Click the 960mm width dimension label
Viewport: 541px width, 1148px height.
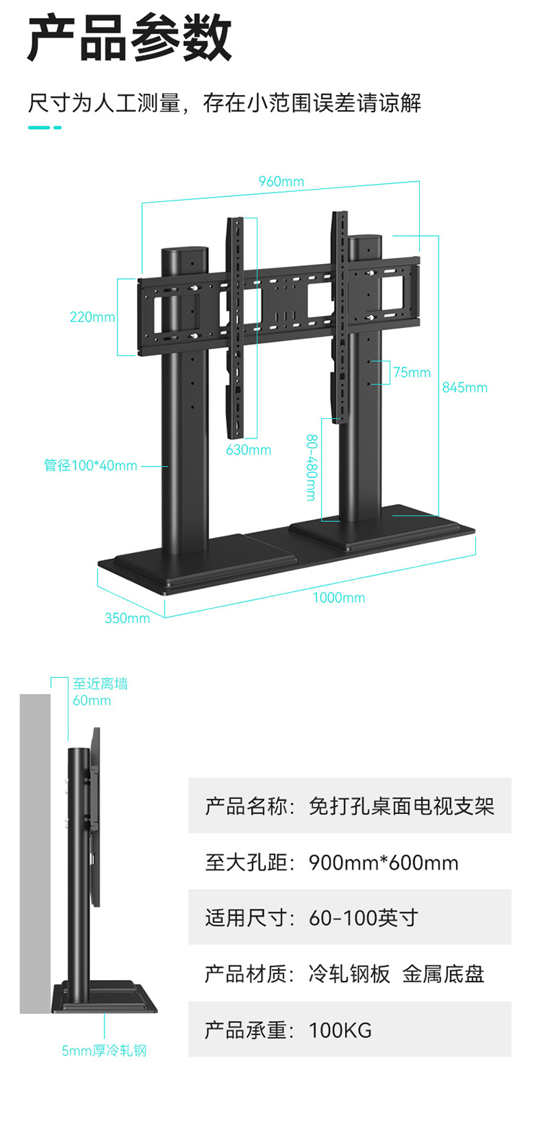click(x=281, y=181)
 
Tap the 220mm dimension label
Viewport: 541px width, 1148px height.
click(x=92, y=317)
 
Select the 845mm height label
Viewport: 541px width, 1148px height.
click(x=465, y=387)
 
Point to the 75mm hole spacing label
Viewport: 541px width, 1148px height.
click(x=411, y=372)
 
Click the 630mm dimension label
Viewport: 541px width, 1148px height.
click(x=248, y=449)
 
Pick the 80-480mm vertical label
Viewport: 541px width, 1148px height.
click(x=311, y=467)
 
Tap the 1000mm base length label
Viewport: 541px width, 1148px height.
click(x=338, y=597)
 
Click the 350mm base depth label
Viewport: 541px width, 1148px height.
click(x=127, y=618)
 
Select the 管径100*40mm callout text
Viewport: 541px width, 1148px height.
click(x=90, y=465)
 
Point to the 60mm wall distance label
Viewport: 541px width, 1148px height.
click(x=92, y=699)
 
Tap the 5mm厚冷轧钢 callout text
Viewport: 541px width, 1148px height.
click(x=104, y=1051)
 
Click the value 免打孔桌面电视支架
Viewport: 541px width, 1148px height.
click(x=401, y=805)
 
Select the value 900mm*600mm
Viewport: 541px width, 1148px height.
click(x=383, y=862)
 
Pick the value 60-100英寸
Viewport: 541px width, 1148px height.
click(x=363, y=918)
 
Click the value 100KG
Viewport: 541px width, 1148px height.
click(x=340, y=1030)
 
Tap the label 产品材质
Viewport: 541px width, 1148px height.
click(x=245, y=974)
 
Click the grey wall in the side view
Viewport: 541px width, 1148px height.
click(x=35, y=851)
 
